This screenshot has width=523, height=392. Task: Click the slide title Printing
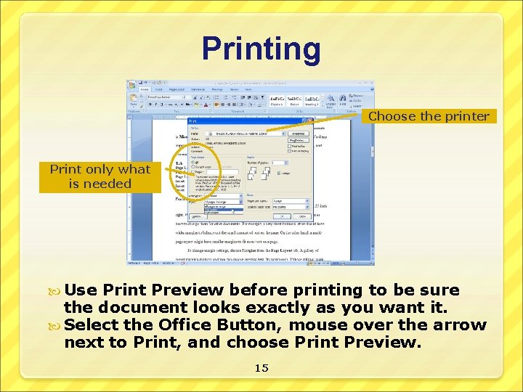pos(261,49)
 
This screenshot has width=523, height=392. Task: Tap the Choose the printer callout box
pos(429,116)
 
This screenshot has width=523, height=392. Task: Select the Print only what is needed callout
pos(100,176)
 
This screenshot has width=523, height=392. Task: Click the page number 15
pos(261,368)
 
